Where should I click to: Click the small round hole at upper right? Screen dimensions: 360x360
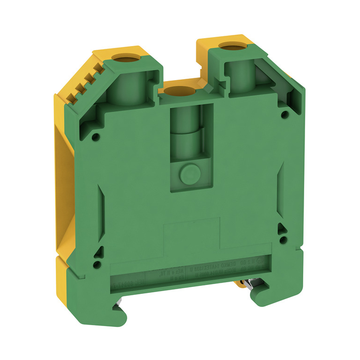point(285,114)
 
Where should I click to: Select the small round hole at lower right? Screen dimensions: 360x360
point(282,239)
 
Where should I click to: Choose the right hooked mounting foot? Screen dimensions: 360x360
point(270,288)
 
